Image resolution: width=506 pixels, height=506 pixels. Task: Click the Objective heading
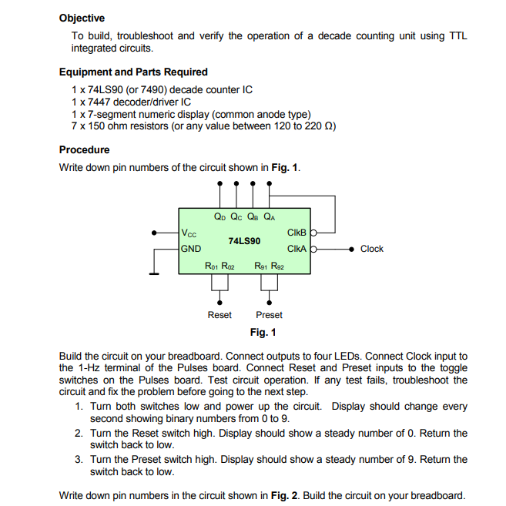tap(82, 18)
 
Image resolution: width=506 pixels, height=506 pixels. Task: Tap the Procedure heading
tap(84, 149)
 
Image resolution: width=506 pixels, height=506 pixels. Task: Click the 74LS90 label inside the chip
tap(244, 240)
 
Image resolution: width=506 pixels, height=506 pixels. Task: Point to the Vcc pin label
tap(189, 233)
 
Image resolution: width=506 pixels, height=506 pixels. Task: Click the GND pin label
tap(190, 249)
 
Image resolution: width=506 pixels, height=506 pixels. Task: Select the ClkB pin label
tap(297, 233)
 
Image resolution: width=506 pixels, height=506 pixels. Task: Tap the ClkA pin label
tap(297, 249)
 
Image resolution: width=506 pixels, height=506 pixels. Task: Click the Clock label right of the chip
tap(371, 249)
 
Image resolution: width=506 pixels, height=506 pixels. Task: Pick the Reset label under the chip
tap(219, 315)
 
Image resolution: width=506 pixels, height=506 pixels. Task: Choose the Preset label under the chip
tap(269, 315)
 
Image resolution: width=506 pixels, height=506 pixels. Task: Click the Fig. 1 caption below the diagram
tap(263, 333)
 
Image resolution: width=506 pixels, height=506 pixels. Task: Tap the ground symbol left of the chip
tap(156, 272)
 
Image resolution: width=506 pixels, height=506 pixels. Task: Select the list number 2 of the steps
tap(79, 433)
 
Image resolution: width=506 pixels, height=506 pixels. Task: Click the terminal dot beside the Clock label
tap(351, 249)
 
